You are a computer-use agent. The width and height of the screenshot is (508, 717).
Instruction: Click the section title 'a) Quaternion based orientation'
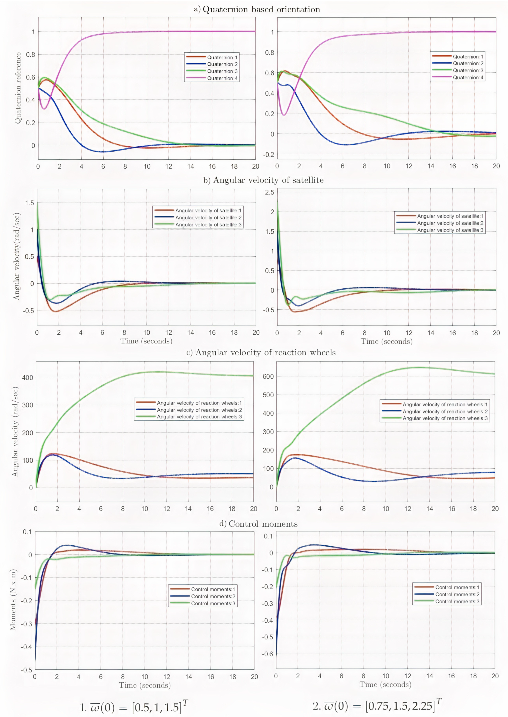tap(257, 9)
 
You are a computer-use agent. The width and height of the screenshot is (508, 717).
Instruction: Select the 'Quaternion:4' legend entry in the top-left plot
tap(222, 78)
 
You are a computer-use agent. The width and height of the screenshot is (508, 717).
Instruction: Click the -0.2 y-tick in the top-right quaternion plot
tap(268, 155)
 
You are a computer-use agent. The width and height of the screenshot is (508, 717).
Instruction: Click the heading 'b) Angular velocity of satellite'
tap(263, 180)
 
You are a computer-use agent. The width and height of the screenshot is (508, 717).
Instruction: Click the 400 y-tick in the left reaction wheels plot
tap(27, 377)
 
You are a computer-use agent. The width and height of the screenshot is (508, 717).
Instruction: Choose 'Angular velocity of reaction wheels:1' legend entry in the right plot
tap(445, 404)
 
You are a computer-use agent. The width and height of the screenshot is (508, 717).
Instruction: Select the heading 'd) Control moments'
tap(258, 524)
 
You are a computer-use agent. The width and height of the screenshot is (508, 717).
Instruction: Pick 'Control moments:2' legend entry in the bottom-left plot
tap(213, 596)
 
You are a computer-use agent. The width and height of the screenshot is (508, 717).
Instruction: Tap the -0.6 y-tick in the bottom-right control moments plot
tap(267, 654)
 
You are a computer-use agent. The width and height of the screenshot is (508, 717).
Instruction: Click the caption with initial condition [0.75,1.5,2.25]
tap(377, 706)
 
